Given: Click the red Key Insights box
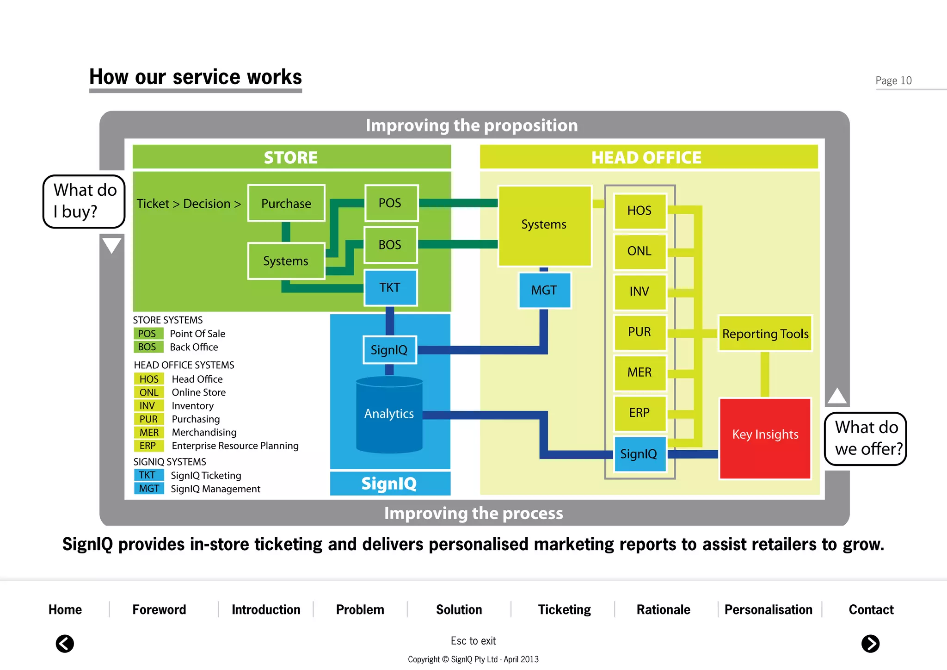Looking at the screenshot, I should pyautogui.click(x=765, y=438).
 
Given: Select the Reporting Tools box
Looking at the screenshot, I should pyautogui.click(x=765, y=334).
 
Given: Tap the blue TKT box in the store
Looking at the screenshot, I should pyautogui.click(x=390, y=287).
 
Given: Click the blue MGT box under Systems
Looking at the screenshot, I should pyautogui.click(x=544, y=290).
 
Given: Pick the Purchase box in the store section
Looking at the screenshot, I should pyautogui.click(x=286, y=204).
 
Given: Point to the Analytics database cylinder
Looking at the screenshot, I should pyautogui.click(x=389, y=415).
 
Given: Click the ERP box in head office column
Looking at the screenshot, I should pyautogui.click(x=640, y=413).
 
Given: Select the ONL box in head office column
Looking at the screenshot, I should pyautogui.click(x=640, y=251).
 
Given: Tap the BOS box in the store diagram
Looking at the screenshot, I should pyautogui.click(x=390, y=245).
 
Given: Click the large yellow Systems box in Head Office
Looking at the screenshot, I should pyautogui.click(x=544, y=225).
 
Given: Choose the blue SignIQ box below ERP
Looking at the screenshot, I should pyautogui.click(x=640, y=453).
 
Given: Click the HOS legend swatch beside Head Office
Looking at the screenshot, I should pyautogui.click(x=149, y=379).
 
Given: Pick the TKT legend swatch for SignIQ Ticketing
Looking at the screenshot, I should pyautogui.click(x=148, y=475).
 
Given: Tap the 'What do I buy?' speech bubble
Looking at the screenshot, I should pyautogui.click(x=84, y=201).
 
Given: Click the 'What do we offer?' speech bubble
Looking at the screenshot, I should pyautogui.click(x=866, y=438).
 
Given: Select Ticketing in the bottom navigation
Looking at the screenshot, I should pyautogui.click(x=564, y=609).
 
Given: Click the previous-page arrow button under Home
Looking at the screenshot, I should pyautogui.click(x=65, y=644).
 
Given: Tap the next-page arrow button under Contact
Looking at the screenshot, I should pyautogui.click(x=870, y=644).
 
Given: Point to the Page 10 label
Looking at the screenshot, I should pyautogui.click(x=893, y=81).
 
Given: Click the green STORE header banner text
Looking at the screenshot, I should pyautogui.click(x=291, y=157).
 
